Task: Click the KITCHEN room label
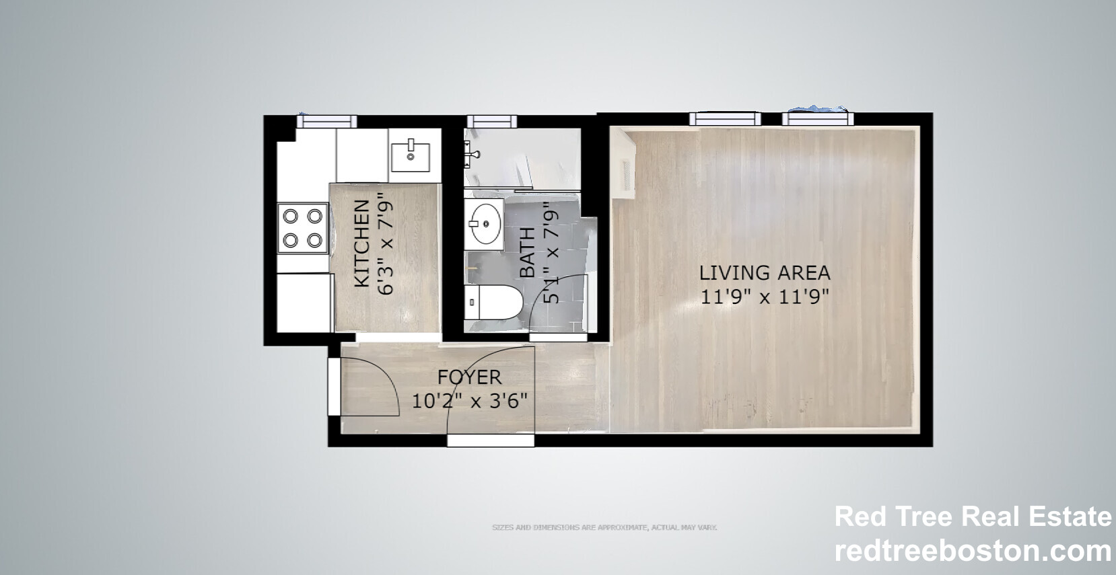(x=361, y=243)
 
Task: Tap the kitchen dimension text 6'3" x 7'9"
(x=385, y=243)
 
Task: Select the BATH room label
(x=528, y=253)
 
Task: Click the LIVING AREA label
(x=765, y=273)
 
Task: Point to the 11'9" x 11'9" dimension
(x=765, y=297)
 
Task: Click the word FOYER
(x=469, y=377)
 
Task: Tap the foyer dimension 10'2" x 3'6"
(x=469, y=401)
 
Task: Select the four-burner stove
(x=303, y=228)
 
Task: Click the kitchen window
(x=327, y=120)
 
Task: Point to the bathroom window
(x=492, y=121)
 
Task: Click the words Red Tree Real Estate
(x=973, y=516)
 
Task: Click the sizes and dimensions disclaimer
(x=604, y=527)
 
